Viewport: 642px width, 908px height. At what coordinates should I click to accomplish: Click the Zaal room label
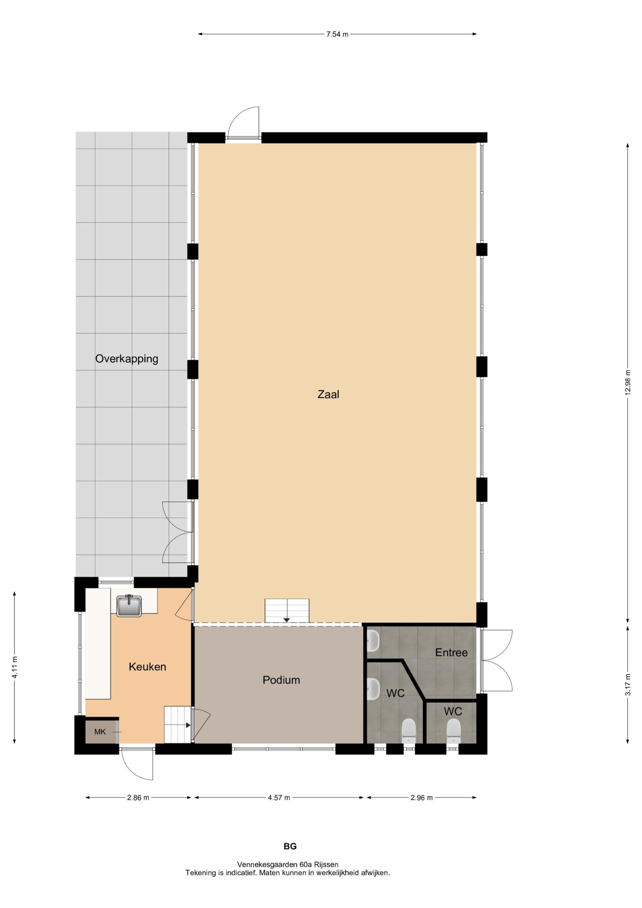click(328, 394)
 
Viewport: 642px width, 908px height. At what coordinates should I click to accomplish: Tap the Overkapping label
click(127, 359)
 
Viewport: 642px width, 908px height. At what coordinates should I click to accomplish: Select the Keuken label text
click(147, 667)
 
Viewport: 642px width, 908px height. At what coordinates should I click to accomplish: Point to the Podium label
click(281, 680)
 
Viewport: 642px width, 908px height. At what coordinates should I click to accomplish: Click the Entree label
click(451, 652)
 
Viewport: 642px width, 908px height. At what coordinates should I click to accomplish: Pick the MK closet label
click(100, 732)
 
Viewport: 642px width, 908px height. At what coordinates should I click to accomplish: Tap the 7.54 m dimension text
click(337, 34)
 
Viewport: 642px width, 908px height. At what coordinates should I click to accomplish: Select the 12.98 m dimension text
click(628, 382)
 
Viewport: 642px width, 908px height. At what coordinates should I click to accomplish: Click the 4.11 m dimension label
click(15, 667)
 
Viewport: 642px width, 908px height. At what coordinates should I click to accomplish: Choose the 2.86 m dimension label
click(138, 798)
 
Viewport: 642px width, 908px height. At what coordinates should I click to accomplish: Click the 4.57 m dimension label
click(279, 798)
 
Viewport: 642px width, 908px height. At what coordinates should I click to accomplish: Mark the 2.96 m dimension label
click(422, 798)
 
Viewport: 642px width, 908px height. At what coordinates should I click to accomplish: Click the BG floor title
click(290, 846)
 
